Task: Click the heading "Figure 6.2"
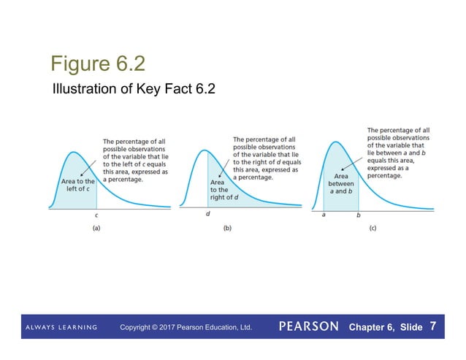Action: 93,64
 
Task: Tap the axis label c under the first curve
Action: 96,215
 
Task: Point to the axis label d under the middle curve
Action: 207,214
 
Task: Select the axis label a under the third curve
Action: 324,215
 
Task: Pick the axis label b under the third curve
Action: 358,215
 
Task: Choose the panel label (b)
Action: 227,229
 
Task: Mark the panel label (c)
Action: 373,229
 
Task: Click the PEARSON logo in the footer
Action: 308,326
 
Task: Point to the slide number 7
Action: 434,325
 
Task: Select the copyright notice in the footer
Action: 186,327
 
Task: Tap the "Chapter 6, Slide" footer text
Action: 386,327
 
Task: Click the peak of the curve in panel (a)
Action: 72,152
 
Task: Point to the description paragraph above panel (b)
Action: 267,158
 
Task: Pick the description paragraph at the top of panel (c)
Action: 400,153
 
